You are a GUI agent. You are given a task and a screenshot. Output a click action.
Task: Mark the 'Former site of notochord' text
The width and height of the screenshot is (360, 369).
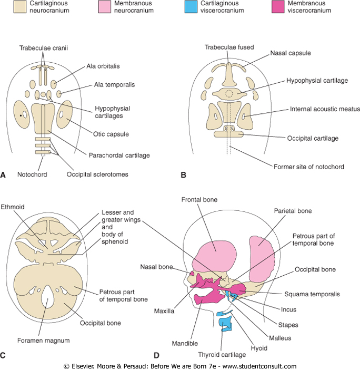(309, 167)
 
